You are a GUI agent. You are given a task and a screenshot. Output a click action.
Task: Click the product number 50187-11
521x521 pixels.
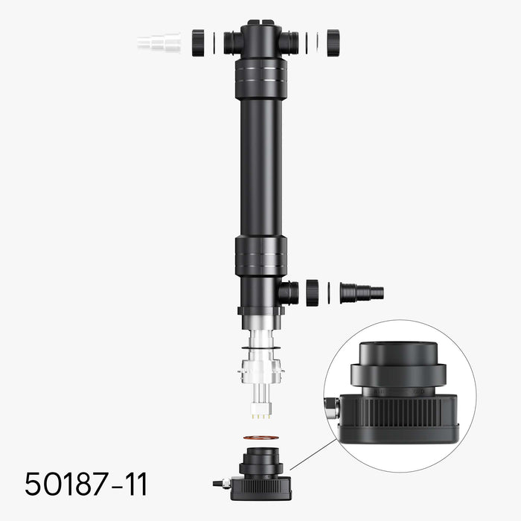86,484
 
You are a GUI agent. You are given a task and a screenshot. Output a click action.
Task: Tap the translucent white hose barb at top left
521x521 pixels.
159,42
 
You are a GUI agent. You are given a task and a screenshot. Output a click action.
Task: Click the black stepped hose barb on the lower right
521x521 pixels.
362,293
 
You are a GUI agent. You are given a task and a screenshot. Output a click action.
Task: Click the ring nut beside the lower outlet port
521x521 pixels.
312,292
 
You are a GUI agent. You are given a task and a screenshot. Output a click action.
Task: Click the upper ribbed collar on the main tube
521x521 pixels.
260,79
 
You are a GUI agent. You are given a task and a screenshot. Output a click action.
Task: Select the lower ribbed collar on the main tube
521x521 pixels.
260,256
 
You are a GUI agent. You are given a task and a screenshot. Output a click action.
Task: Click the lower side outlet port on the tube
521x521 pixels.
288,292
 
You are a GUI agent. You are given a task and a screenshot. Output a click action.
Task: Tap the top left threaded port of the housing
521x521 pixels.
233,42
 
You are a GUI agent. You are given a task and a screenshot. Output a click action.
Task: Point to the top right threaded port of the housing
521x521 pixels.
289,42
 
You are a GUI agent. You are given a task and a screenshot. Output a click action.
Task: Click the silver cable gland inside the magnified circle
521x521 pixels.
331,406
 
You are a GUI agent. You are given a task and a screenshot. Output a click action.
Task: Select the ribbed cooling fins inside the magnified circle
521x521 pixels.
406,412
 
